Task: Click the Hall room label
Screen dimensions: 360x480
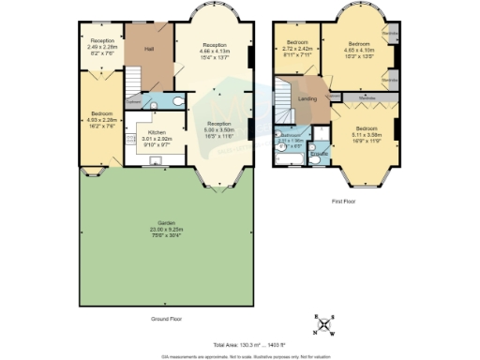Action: click(148, 49)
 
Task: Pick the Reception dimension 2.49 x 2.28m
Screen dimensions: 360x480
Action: click(102, 47)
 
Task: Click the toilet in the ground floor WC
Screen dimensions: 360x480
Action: click(178, 100)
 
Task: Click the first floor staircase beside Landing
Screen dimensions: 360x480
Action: click(283, 94)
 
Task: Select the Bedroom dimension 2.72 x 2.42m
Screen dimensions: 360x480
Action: click(296, 50)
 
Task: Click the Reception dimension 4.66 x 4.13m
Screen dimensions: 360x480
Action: click(215, 50)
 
